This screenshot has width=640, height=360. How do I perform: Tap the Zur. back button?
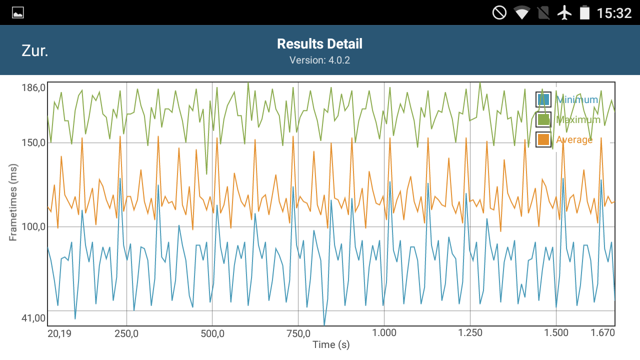click(35, 50)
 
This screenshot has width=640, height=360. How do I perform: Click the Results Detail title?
click(319, 44)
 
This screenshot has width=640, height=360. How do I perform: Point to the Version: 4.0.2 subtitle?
click(319, 60)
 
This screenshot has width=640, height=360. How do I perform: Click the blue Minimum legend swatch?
click(543, 99)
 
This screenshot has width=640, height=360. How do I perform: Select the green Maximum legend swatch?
click(543, 119)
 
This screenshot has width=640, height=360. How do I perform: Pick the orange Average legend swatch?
click(543, 139)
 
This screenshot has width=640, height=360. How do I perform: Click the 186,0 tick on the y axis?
click(33, 88)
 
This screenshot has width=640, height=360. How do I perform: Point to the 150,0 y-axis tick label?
click(33, 143)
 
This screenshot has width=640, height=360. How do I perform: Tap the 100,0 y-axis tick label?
click(33, 227)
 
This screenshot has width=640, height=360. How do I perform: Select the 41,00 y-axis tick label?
click(33, 317)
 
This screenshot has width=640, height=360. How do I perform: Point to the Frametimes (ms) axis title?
click(13, 202)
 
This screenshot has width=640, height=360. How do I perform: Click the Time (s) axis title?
click(331, 344)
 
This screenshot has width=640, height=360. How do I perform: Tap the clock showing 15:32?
click(614, 13)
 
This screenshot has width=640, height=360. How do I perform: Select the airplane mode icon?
click(564, 12)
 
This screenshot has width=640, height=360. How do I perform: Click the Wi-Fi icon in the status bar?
click(521, 12)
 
